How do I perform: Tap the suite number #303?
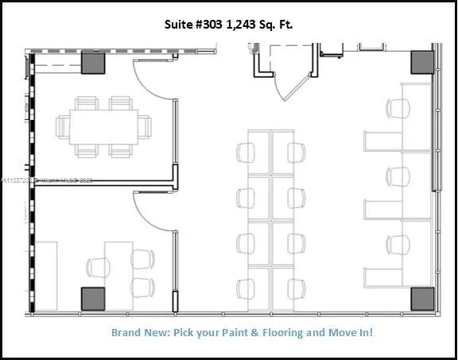(212, 25)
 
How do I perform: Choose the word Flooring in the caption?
(285, 332)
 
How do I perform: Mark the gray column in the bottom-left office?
(93, 299)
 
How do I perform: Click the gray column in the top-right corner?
(422, 63)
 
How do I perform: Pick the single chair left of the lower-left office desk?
(99, 266)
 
